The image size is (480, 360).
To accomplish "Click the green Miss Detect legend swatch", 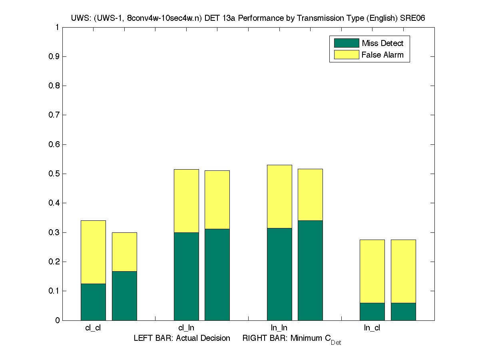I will pos(347,43).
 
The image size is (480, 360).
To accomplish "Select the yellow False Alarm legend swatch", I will pos(347,55).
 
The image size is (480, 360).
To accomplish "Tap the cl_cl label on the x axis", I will pos(93,328).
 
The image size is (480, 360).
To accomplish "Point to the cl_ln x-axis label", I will pos(186,328).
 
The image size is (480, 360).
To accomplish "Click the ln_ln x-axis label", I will pos(279,328).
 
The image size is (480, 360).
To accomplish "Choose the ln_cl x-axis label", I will pos(372,328).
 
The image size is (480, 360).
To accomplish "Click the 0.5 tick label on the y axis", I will pos(54,174).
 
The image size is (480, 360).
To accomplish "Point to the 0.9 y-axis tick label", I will pos(54,57).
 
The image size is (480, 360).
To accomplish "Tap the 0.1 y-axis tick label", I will pos(54,291).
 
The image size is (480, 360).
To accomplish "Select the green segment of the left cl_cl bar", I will pos(93,302).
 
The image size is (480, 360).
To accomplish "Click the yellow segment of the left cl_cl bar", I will pos(93,252).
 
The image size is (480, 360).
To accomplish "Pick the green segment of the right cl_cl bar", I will pos(124,296).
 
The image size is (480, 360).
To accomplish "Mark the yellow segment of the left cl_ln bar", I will pos(186,201).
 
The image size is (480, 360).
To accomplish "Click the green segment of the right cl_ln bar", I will pos(217,274).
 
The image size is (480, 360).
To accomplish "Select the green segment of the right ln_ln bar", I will pos(310,270).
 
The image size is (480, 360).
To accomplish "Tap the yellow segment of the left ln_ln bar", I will pos(279,196).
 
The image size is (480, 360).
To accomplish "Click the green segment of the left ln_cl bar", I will pos(372,312).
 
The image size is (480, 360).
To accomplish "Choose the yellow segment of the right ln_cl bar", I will pos(403,271).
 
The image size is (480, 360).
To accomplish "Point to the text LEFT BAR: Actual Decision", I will pos(182,338).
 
